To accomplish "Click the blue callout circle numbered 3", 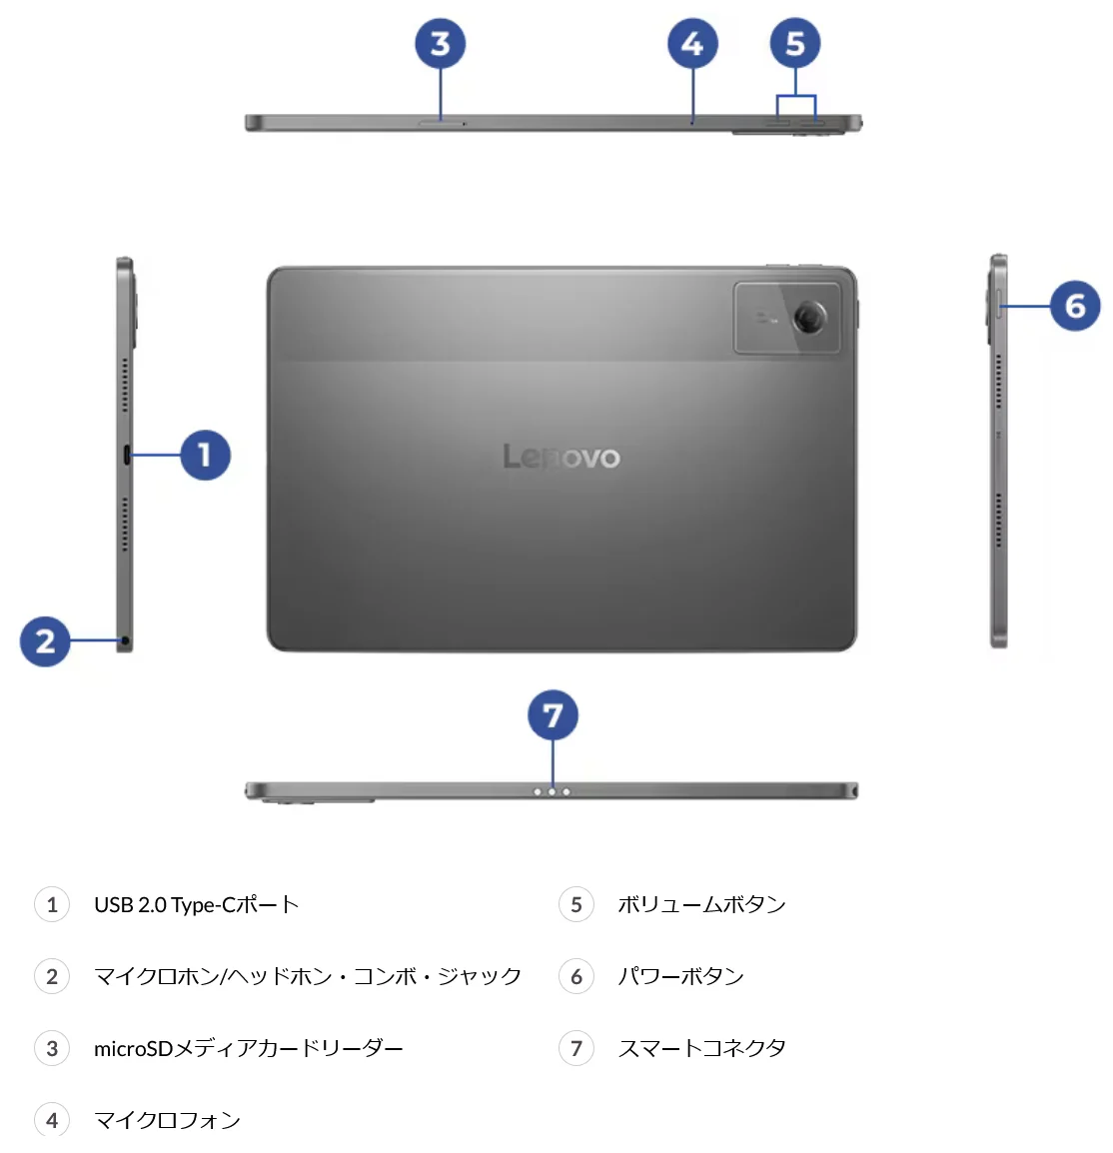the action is [440, 43].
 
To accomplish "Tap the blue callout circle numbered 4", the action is [692, 43].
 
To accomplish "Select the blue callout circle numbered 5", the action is [794, 43].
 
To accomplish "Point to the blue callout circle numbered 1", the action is [205, 456].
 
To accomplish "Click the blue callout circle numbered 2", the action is [45, 641].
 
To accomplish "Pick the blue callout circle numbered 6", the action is [1075, 305].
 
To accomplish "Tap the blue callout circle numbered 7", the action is [553, 714].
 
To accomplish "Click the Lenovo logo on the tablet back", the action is [560, 457].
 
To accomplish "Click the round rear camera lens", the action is [808, 318].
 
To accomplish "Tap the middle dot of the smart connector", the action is [553, 792].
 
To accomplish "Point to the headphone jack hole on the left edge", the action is [125, 641].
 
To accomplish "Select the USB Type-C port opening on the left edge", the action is [127, 456].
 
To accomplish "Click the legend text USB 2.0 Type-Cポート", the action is [197, 904].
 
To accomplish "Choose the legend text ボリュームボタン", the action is [702, 904].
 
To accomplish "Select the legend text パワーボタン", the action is [680, 976].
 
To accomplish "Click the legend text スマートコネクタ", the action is [702, 1048].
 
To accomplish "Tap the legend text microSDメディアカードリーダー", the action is [249, 1048].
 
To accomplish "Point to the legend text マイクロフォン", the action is [168, 1120].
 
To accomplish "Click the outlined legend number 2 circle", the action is [52, 976].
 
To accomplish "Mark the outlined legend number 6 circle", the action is [576, 976].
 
